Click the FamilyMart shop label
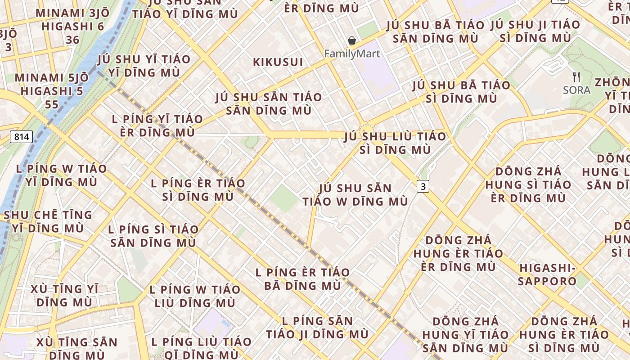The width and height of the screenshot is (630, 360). (x=352, y=54)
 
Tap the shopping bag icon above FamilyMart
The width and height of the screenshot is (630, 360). (x=352, y=41)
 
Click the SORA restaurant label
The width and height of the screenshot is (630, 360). (x=576, y=90)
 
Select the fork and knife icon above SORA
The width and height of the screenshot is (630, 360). (x=576, y=77)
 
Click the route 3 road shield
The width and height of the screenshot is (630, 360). (x=423, y=186)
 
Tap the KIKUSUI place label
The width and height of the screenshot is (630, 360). (x=278, y=62)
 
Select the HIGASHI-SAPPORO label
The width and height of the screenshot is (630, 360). (x=547, y=274)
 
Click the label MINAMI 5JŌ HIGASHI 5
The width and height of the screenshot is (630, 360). (x=52, y=91)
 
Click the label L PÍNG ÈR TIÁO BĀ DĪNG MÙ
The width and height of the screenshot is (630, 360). (x=302, y=279)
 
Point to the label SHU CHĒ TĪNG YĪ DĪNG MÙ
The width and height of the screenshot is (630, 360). (x=48, y=221)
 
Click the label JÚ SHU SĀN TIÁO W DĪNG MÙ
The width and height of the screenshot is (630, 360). (x=355, y=195)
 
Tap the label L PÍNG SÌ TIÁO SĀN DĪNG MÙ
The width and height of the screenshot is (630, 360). (x=153, y=236)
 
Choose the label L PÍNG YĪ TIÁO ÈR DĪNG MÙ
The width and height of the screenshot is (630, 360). (x=157, y=126)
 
